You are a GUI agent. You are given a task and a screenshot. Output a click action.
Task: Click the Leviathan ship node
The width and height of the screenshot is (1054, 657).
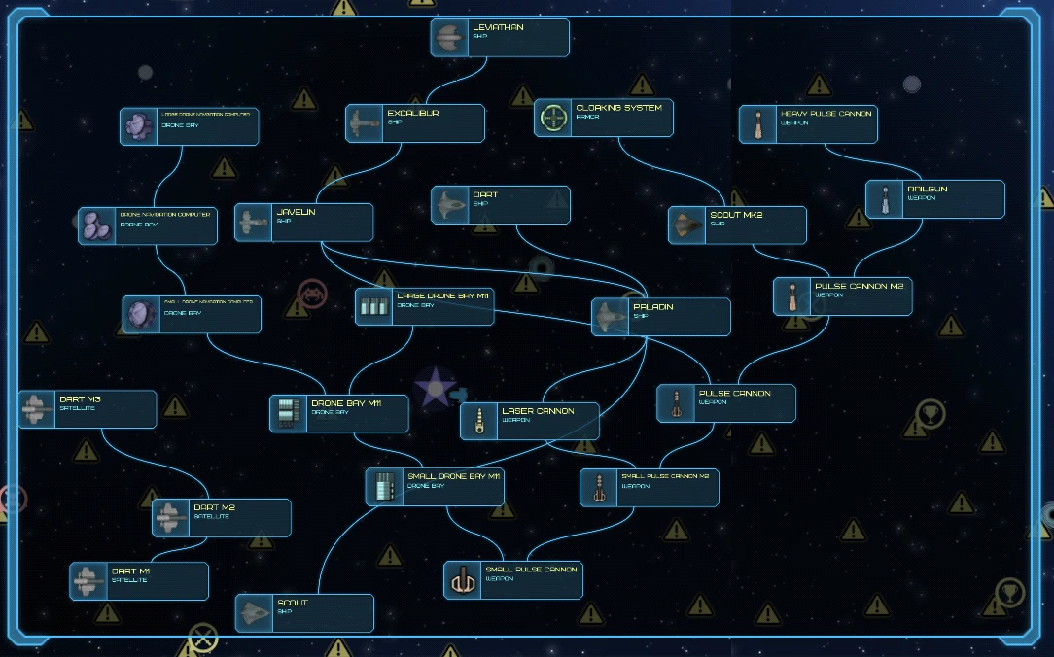click(x=500, y=37)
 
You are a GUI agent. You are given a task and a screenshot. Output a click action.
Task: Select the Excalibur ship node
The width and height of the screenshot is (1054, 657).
click(x=415, y=123)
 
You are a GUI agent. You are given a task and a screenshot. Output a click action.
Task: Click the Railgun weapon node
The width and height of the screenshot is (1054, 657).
click(x=935, y=199)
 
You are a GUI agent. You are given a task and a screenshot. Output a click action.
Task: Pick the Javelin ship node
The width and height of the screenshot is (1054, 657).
click(x=304, y=223)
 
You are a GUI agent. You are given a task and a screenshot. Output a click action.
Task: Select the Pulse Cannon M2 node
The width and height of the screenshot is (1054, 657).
click(x=843, y=296)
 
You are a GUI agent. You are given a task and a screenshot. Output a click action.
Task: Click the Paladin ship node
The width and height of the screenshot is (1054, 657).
click(x=661, y=317)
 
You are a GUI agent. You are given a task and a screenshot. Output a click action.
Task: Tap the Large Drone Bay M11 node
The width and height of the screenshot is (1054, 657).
click(x=424, y=306)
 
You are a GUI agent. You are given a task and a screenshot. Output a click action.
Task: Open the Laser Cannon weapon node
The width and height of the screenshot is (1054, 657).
click(x=530, y=421)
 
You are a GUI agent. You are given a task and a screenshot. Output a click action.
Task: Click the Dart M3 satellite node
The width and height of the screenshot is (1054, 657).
click(x=88, y=409)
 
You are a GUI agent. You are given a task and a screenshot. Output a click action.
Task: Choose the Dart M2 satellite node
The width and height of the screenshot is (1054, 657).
click(x=222, y=518)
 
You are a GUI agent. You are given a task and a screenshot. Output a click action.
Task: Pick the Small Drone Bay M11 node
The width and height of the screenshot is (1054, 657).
click(x=435, y=487)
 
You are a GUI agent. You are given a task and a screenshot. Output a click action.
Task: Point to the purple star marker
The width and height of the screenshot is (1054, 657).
click(x=434, y=388)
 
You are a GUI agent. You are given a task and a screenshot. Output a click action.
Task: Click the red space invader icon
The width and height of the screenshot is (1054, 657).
click(x=312, y=293)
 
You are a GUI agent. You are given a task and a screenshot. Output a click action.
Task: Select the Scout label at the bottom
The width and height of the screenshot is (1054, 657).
click(x=293, y=604)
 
